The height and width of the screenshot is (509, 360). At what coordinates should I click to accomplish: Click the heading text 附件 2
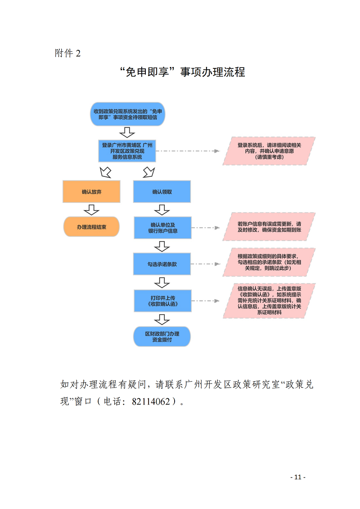coord(67,53)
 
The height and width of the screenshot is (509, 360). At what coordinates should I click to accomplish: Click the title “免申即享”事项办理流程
coord(183,72)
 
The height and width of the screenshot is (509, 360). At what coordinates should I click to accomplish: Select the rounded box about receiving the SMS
coord(127,114)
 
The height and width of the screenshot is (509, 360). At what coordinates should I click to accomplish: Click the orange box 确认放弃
coord(91,192)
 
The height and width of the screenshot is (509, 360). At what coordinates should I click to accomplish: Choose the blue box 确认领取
coord(162,192)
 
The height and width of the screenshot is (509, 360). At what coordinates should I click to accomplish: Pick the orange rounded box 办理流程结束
coord(91,227)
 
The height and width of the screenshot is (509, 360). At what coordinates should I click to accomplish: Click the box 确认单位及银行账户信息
coord(162,228)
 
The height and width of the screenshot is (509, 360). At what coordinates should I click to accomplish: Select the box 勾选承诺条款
coord(162,264)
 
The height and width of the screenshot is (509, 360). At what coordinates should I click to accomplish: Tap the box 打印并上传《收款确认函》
coord(162,301)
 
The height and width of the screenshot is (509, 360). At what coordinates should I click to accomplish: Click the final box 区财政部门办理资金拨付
coord(162,337)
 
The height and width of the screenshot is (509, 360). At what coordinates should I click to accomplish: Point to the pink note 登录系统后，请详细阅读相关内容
coord(269,151)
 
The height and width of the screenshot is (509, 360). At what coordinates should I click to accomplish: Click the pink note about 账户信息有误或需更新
coord(269,227)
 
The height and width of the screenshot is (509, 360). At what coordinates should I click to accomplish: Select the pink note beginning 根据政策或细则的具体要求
coord(269,262)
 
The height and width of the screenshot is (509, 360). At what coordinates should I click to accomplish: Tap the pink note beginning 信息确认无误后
coord(269,301)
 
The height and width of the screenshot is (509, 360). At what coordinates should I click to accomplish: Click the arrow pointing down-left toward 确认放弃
coord(105,171)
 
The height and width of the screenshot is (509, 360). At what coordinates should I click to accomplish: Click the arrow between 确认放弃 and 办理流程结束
coord(91,210)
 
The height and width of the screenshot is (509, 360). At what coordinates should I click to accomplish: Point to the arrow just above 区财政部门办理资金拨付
coord(162,319)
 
